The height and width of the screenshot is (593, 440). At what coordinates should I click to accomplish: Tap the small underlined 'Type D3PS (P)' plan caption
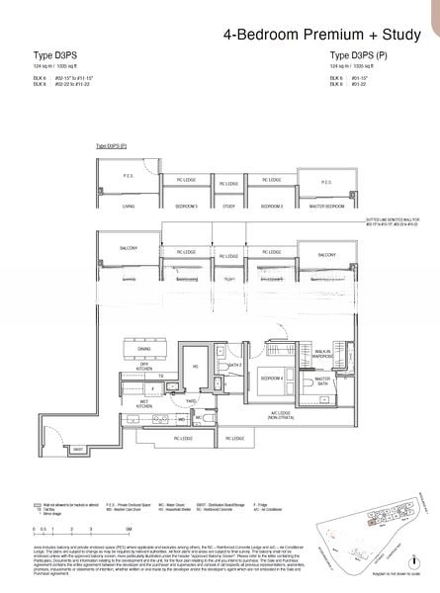[111, 145]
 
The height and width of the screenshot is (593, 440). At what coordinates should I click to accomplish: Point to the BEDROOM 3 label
[187, 206]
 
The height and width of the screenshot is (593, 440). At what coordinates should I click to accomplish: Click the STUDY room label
[228, 206]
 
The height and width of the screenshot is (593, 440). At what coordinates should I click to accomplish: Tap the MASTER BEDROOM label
[328, 206]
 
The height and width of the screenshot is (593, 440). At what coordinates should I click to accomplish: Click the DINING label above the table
[144, 350]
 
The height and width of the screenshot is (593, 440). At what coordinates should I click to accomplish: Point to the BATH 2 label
[235, 367]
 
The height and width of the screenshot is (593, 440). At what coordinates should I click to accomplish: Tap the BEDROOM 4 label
[272, 379]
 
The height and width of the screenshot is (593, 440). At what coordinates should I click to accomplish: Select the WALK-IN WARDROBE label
[325, 356]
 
